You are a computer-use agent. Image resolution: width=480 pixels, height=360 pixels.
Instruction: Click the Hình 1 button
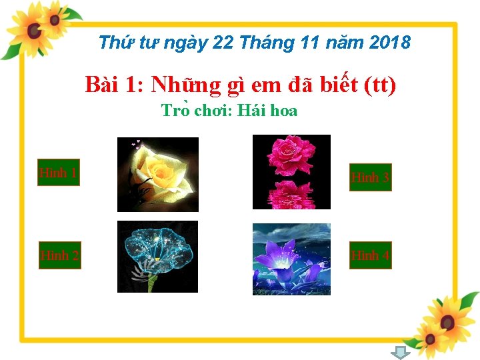click(59, 173)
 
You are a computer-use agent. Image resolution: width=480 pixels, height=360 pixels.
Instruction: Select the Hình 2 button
click(60, 255)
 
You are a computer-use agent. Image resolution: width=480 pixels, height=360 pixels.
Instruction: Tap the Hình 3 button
click(371, 177)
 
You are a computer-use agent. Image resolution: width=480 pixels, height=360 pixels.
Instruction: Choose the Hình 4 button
click(371, 255)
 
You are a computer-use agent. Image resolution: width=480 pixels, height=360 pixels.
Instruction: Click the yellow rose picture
click(158, 175)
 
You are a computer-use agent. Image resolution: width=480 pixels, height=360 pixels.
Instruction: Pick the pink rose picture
click(291, 172)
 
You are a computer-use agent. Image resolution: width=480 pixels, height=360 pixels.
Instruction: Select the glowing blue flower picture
click(157, 257)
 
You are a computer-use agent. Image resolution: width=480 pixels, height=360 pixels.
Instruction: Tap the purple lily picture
click(291, 259)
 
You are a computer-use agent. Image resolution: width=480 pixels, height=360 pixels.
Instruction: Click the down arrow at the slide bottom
click(399, 353)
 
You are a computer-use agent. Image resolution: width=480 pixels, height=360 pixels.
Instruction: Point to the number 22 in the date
click(223, 43)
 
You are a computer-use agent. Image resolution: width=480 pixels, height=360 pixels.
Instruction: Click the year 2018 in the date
click(389, 43)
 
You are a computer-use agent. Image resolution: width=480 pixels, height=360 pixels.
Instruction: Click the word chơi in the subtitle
click(211, 111)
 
